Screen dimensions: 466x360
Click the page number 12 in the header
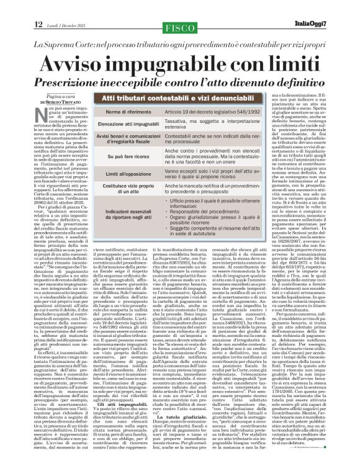[x=38, y=7]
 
